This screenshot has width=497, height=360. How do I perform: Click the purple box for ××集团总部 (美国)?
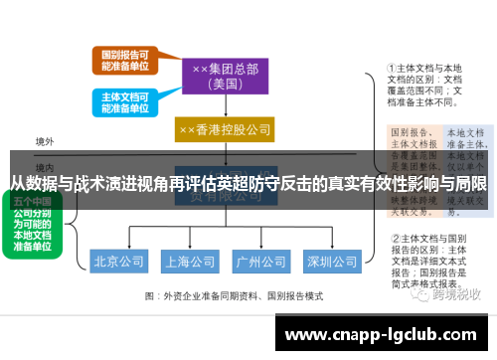pos(223,76)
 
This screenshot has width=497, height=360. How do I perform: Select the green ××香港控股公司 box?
pos(224,130)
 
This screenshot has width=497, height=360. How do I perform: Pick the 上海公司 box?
pos(191,263)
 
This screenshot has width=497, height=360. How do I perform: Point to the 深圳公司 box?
pos(332,263)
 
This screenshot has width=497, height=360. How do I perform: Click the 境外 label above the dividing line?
pos(45,142)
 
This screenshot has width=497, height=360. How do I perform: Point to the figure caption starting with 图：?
pos(235,296)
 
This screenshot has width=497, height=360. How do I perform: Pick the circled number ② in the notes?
pos(394,239)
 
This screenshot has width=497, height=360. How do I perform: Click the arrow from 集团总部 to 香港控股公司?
pos(224,107)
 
